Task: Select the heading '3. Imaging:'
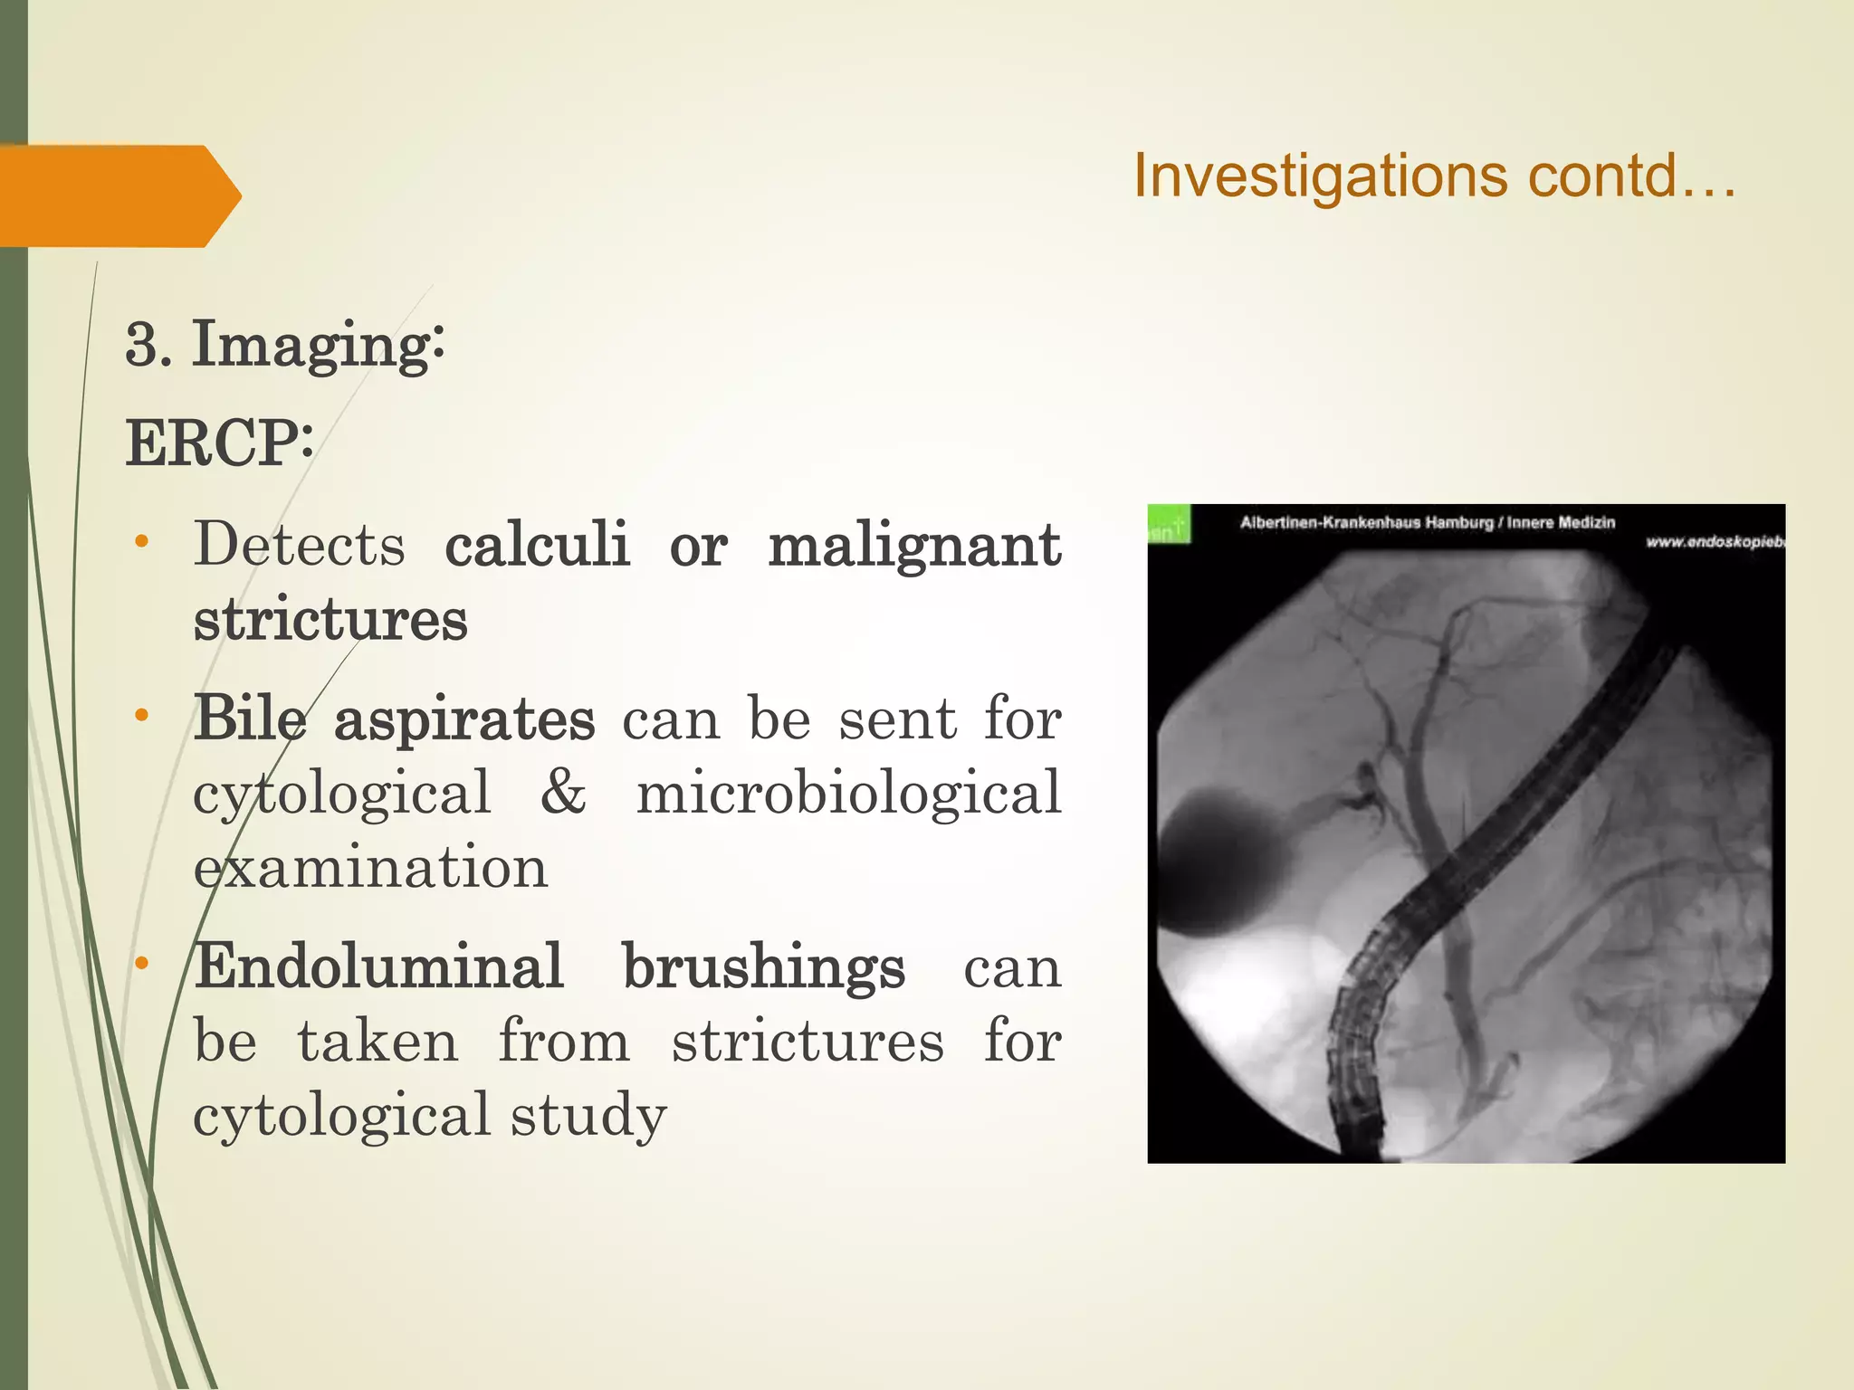click(284, 345)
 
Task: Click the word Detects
click(300, 545)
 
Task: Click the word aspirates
click(464, 719)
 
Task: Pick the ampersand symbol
click(563, 792)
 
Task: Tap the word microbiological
click(848, 792)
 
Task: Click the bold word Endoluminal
click(379, 966)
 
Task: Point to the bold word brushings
click(763, 966)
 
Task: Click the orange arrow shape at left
click(118, 195)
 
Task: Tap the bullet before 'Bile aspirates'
click(141, 716)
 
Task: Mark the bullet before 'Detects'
click(141, 542)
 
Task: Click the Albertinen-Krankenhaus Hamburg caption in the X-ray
click(1427, 522)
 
